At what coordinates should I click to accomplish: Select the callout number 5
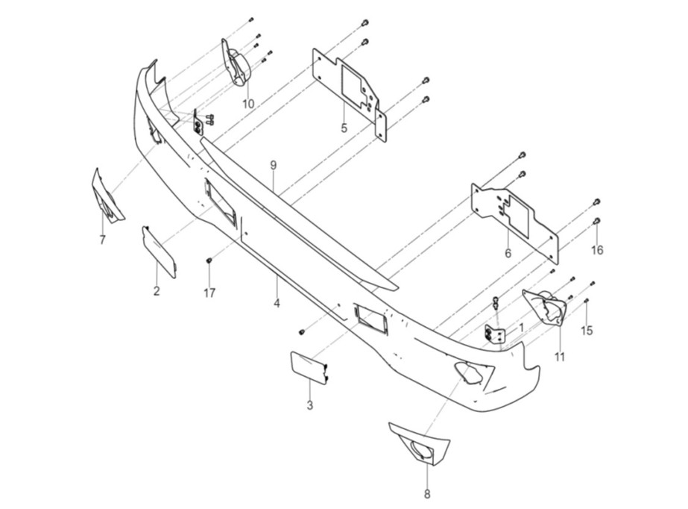tap(344, 128)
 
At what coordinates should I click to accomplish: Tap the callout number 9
tap(274, 163)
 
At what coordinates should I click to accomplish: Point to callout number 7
tap(102, 239)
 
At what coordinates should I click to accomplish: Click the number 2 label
tap(157, 290)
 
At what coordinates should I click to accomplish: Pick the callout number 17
tap(209, 293)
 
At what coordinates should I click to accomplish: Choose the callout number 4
tap(277, 303)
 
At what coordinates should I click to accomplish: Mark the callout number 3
tap(310, 405)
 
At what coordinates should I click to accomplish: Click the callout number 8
tap(427, 493)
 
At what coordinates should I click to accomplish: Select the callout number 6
tap(508, 253)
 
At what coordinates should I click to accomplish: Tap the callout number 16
tap(597, 250)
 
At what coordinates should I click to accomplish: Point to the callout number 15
tap(587, 330)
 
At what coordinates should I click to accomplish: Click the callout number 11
tap(560, 357)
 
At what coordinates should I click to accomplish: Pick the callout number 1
tap(521, 327)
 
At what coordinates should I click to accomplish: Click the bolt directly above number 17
tap(209, 260)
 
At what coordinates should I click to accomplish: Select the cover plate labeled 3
tap(306, 366)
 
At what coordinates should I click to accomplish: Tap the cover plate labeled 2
tap(159, 252)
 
